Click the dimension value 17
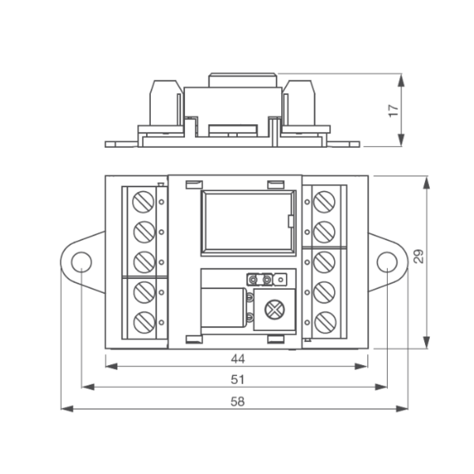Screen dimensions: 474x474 point(393,111)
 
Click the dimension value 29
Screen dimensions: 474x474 point(419,256)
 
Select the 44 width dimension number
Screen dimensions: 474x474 point(238,359)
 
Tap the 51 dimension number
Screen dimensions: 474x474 point(238,380)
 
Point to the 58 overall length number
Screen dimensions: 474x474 point(238,402)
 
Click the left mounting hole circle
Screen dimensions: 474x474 point(81,261)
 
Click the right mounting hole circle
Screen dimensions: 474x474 point(387,261)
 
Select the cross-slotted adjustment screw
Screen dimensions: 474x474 point(275,309)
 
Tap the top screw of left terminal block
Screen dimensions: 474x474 point(144,201)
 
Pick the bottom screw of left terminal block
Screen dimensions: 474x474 point(144,322)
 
